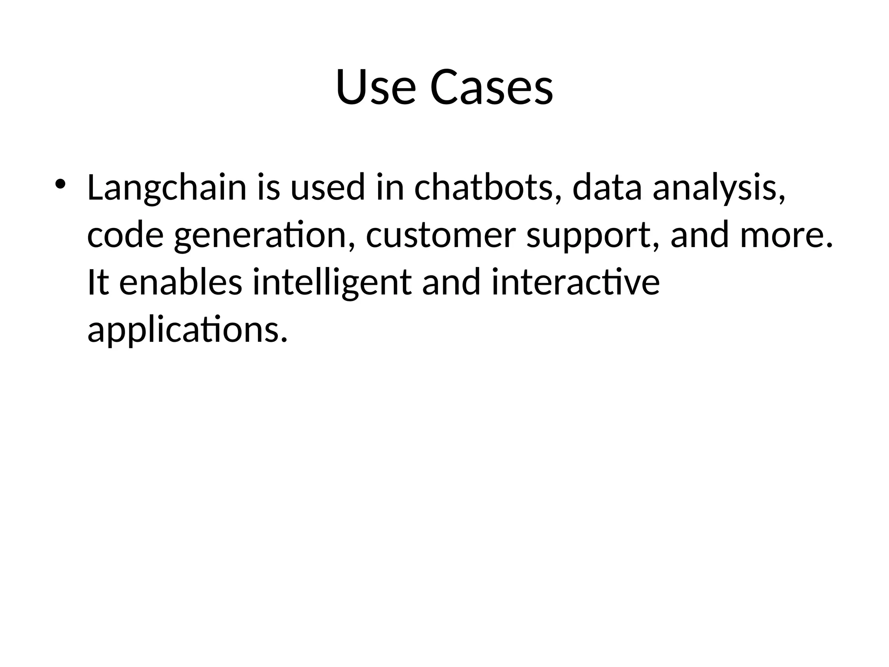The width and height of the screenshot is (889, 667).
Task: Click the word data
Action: click(x=607, y=188)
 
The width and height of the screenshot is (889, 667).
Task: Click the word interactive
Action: click(x=575, y=282)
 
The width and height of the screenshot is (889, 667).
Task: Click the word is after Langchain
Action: click(x=268, y=188)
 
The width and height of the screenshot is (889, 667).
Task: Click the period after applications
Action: click(x=284, y=339)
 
